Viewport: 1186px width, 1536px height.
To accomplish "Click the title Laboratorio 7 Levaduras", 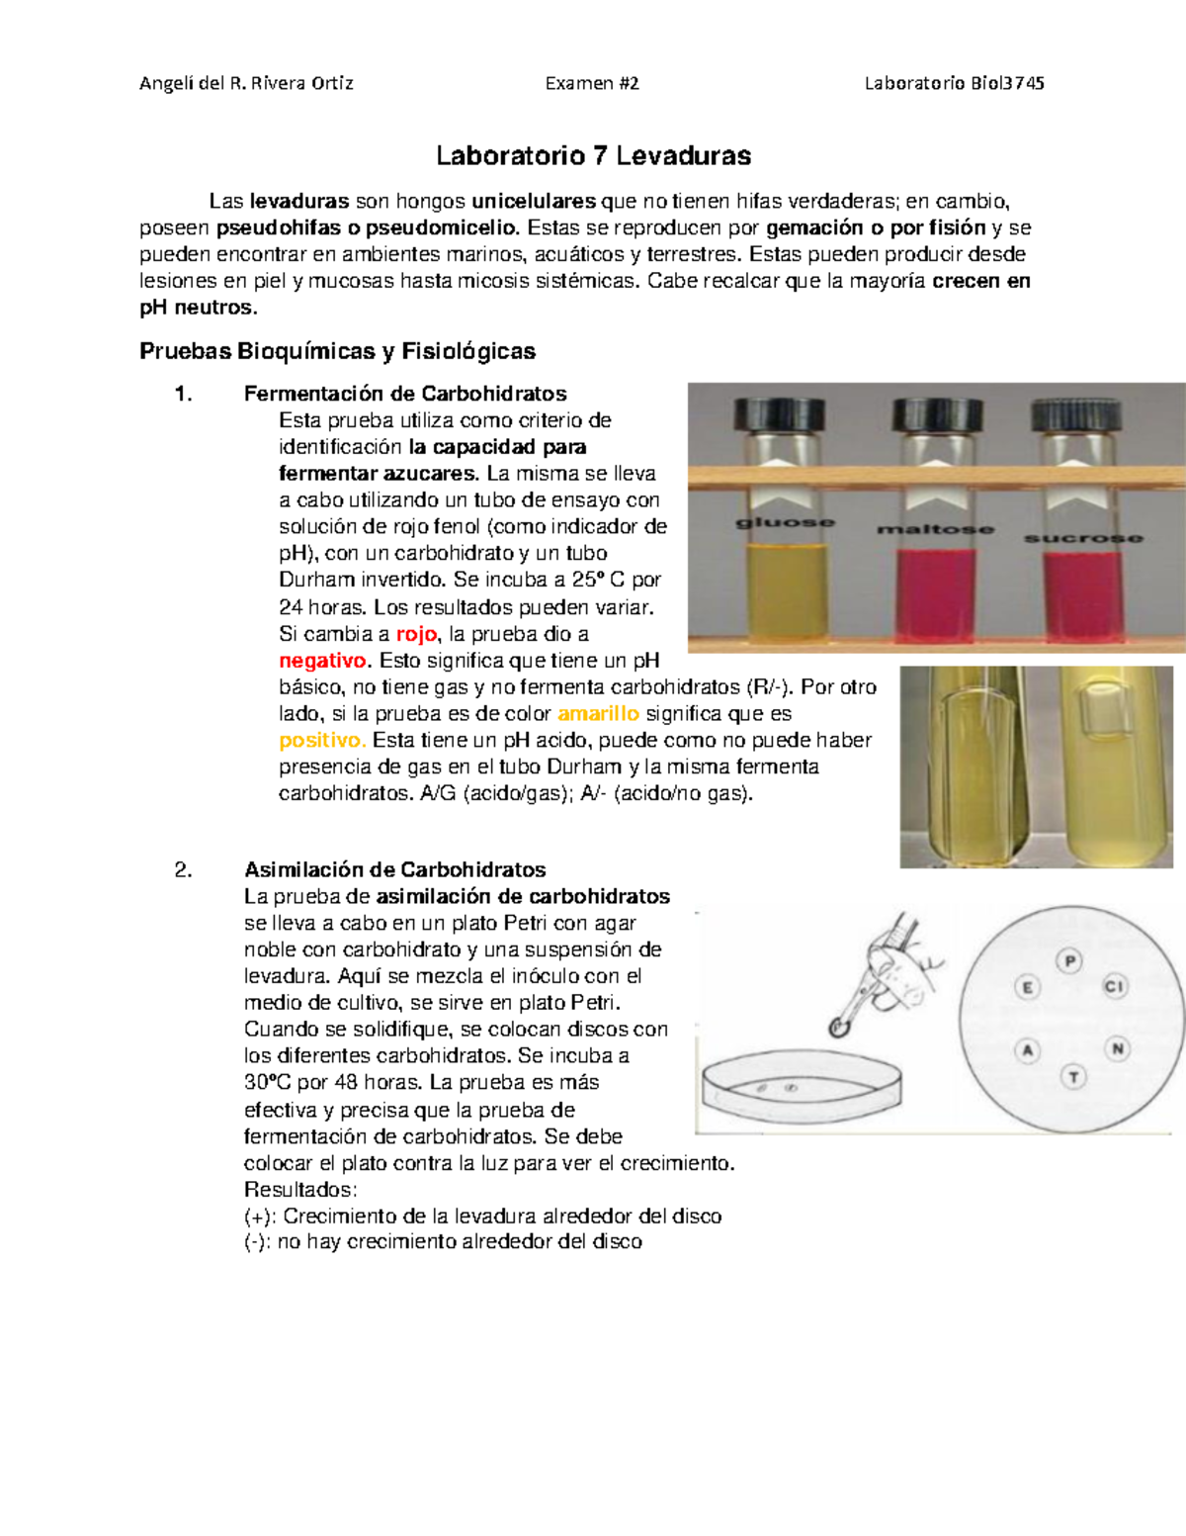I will click(x=593, y=156).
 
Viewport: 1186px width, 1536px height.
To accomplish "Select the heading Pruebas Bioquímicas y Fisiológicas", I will click(x=337, y=351).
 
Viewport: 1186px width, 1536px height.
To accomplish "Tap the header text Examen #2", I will click(x=592, y=83).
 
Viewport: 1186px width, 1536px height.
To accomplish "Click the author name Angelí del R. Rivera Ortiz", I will click(x=246, y=83).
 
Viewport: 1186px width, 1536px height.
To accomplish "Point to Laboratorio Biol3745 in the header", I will click(x=954, y=83).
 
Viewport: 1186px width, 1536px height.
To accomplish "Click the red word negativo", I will click(x=323, y=661).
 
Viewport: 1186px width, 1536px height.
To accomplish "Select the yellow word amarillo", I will click(x=598, y=714).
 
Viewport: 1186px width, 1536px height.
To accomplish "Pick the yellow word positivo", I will click(x=322, y=741).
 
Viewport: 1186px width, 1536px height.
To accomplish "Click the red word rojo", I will click(x=415, y=634).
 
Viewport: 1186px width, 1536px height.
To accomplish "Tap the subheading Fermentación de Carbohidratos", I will click(x=405, y=394).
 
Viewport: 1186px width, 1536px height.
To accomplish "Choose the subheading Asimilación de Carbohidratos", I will click(x=394, y=870).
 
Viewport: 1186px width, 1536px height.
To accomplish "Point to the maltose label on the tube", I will click(x=935, y=529).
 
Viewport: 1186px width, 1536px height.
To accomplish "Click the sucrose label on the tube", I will click(x=1083, y=538).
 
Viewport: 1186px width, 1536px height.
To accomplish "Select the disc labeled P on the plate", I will click(x=1069, y=960).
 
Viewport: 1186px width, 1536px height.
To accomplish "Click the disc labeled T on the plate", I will click(x=1073, y=1077).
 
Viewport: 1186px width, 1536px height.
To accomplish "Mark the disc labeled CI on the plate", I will click(x=1114, y=986).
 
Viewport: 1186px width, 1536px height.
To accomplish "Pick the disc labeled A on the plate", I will click(x=1028, y=1050).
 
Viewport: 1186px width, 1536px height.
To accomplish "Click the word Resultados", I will click(x=299, y=1190).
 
